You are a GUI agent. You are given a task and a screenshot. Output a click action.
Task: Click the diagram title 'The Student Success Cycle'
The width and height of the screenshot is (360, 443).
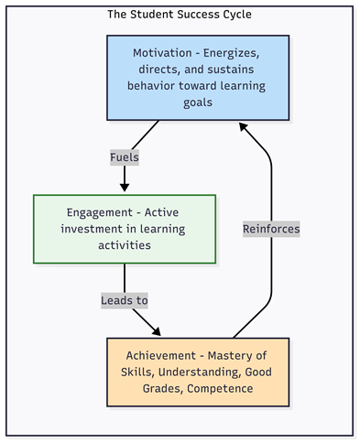tap(180, 15)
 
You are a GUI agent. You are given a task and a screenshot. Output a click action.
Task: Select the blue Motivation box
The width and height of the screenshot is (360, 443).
tap(198, 78)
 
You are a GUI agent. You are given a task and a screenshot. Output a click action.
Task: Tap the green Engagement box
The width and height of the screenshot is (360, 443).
tap(125, 229)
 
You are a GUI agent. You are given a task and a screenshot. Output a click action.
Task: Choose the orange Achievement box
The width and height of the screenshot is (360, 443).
tap(197, 372)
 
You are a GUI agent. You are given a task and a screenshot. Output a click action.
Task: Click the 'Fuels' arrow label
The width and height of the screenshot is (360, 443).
tap(125, 157)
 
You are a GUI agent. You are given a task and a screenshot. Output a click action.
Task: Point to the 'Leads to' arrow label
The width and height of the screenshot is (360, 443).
tap(125, 299)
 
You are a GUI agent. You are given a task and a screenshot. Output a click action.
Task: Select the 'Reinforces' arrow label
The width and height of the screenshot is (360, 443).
tap(271, 229)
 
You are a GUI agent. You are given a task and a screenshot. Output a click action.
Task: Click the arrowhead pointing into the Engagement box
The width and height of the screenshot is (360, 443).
tap(125, 188)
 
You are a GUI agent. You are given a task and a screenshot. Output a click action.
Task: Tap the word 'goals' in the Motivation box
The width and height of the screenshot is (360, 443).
tap(198, 103)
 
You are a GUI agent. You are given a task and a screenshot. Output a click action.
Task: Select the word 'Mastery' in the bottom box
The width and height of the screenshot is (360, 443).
tap(233, 356)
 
